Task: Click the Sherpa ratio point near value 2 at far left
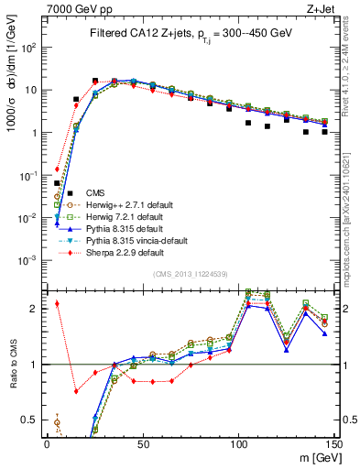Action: point(57,303)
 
